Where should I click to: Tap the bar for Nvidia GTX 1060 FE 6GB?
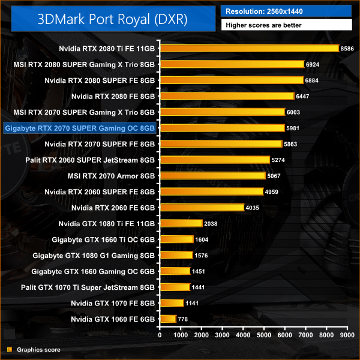point(167,319)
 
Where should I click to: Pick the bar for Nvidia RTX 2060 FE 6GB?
point(202,208)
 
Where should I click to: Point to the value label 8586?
point(349,48)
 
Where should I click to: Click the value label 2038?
point(211,223)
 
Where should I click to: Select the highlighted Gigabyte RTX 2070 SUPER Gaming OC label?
point(79,128)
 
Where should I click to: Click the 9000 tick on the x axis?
point(346,335)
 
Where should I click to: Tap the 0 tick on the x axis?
point(160,335)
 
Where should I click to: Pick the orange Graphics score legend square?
point(9,349)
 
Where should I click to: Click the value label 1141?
point(193,303)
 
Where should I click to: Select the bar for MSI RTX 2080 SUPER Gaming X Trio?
point(232,64)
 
